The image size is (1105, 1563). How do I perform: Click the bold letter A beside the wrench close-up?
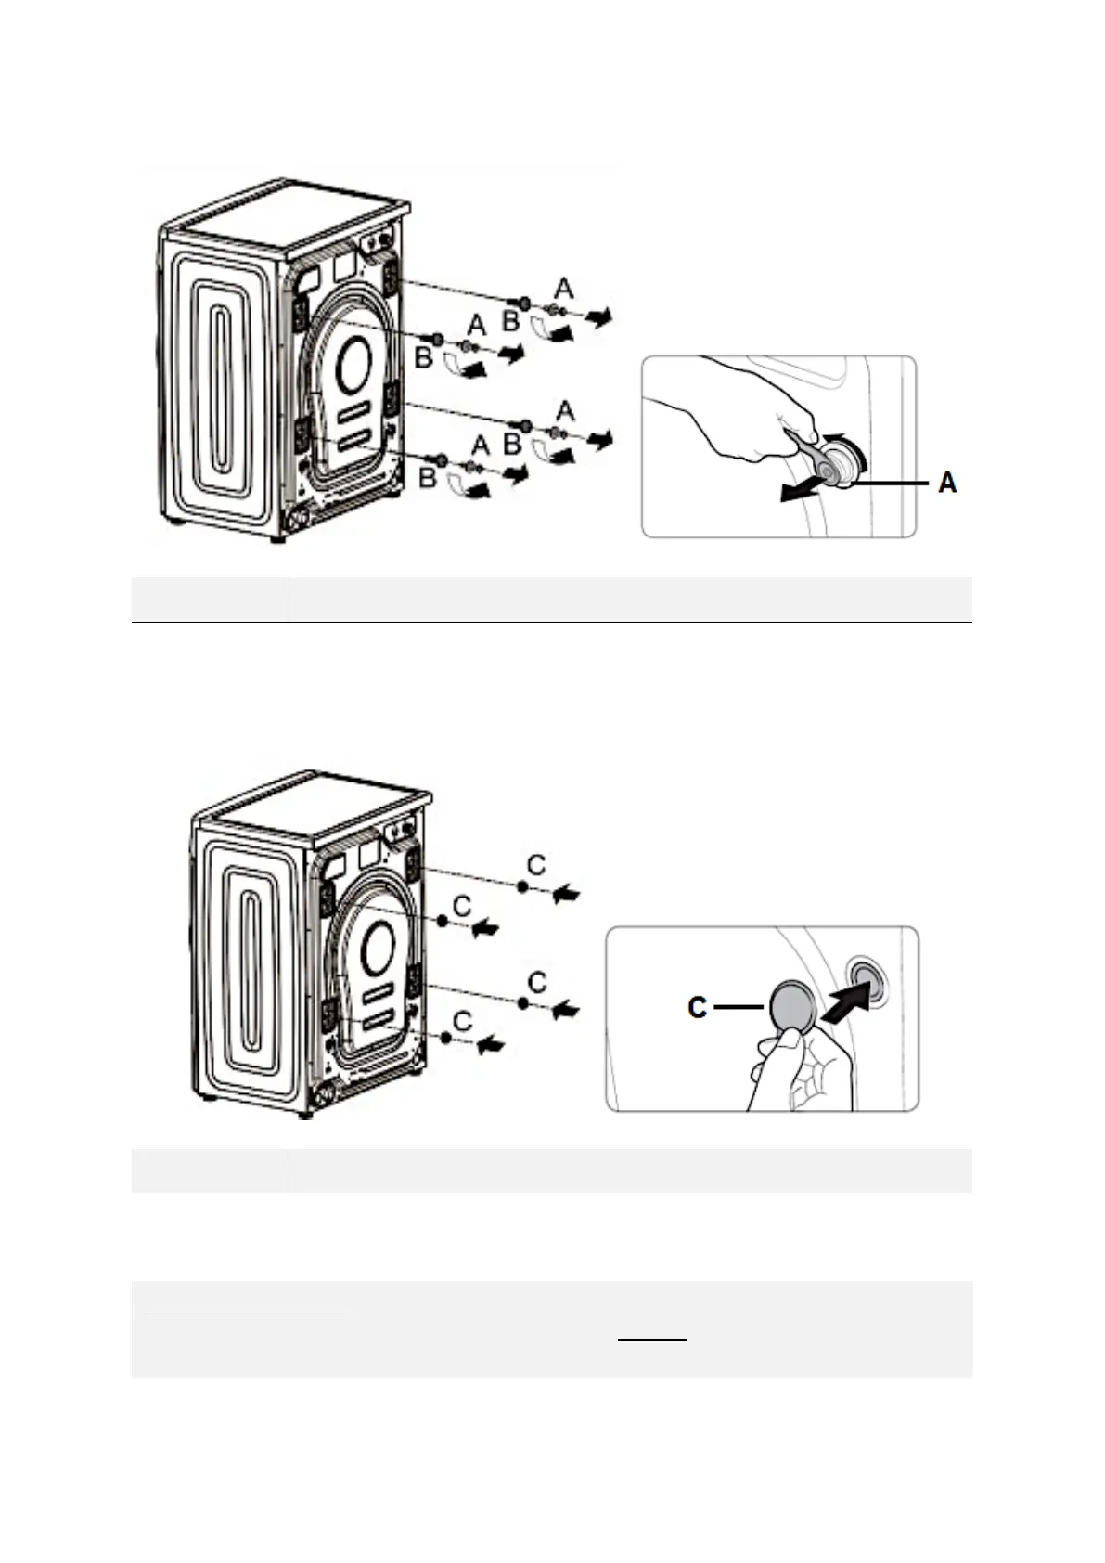click(947, 483)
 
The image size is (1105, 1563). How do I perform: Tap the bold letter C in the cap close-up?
click(698, 1007)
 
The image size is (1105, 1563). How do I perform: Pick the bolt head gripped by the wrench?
click(843, 464)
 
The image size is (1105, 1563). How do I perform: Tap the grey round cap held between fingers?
click(791, 1006)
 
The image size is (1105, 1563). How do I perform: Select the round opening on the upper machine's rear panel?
click(353, 364)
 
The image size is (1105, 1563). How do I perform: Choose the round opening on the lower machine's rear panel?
click(378, 949)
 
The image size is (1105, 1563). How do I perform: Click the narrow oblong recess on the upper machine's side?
click(221, 392)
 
